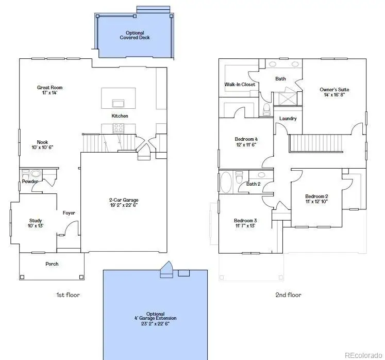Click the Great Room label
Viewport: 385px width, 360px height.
tap(49, 88)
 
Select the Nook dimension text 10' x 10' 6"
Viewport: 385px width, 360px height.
tap(43, 148)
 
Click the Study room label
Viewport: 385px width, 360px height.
tap(36, 221)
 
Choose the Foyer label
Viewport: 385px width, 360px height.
tap(69, 213)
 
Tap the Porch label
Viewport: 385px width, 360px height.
tap(52, 264)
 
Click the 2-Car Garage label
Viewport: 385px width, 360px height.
tap(124, 200)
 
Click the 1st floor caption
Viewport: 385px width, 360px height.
tap(68, 295)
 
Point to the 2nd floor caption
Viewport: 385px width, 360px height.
tap(289, 295)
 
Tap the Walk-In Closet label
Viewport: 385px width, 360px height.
tap(240, 85)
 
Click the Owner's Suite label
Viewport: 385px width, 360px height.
tap(334, 89)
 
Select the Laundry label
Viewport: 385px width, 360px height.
tap(288, 119)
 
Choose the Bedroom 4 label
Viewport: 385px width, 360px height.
tap(246, 139)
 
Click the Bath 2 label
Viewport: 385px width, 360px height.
tap(253, 184)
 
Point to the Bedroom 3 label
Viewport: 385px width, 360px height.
tap(245, 220)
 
